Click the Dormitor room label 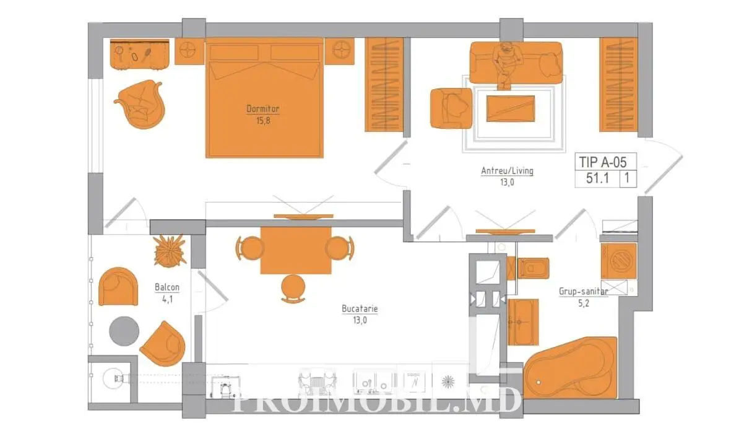(x=263, y=109)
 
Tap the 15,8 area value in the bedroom (x=263, y=121)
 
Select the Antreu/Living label (x=508, y=171)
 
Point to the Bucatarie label (x=360, y=308)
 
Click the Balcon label (x=167, y=287)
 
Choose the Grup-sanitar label (x=584, y=291)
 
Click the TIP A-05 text (x=603, y=162)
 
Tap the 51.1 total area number (x=597, y=178)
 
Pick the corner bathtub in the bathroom (x=571, y=367)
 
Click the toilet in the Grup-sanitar (x=529, y=268)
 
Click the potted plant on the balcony (x=170, y=251)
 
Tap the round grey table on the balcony (x=124, y=331)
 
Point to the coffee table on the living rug (x=511, y=108)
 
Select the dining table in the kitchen (x=296, y=250)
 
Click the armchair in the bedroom (x=141, y=104)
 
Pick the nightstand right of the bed (x=339, y=51)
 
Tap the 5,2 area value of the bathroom (x=584, y=303)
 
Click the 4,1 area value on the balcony (x=167, y=299)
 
